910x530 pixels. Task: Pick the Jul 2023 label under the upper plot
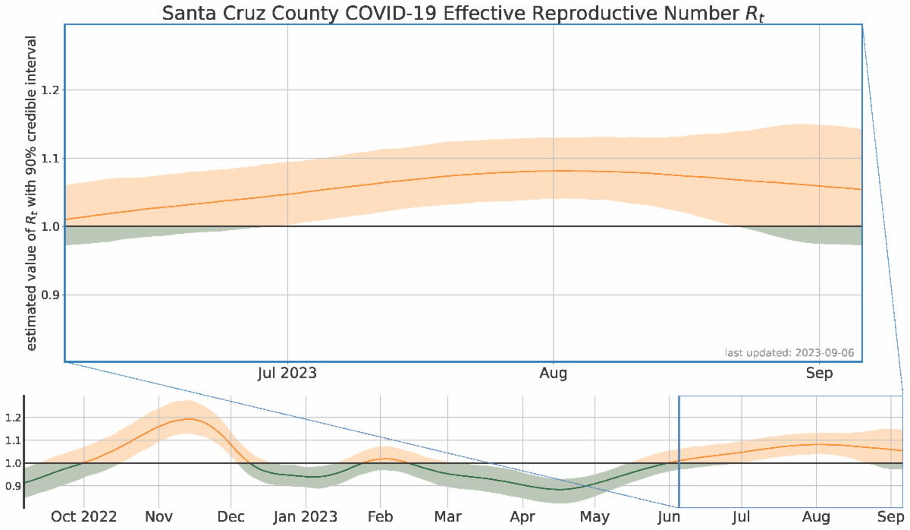287,374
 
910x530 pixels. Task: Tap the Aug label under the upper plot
553,374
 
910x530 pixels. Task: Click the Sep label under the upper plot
819,374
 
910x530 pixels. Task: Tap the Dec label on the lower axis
231,517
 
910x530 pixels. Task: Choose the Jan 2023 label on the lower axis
305,517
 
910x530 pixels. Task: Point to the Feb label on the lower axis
380,517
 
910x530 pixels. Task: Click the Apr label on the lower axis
522,517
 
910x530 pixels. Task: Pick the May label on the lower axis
595,517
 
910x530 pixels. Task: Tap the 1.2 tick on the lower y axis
11,418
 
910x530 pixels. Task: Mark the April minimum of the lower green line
560,490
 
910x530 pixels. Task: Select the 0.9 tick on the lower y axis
11,485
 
